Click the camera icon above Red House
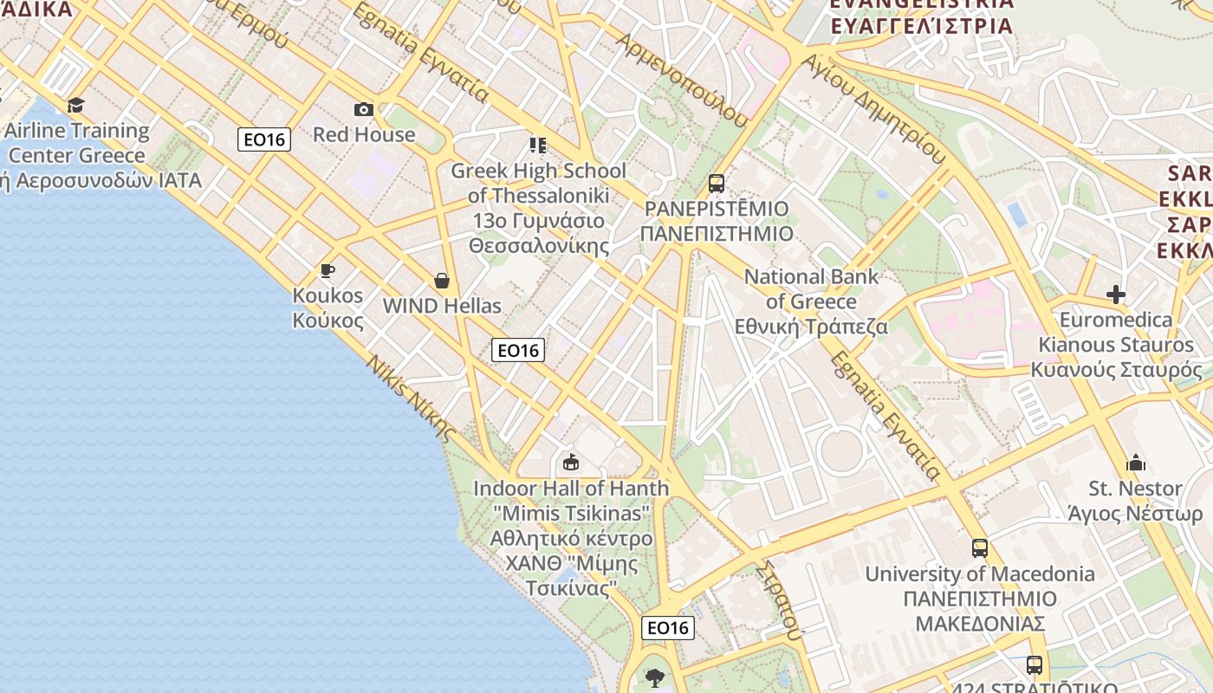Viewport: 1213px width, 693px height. (364, 109)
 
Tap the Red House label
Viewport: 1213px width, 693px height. (364, 135)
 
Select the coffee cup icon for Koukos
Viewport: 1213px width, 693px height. (328, 271)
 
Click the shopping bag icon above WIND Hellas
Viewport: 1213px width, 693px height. (442, 281)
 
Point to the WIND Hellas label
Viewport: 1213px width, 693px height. (442, 306)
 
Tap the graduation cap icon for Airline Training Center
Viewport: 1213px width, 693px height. (76, 106)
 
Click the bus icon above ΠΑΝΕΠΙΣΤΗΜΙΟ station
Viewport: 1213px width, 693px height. (716, 183)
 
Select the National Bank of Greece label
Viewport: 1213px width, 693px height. (812, 301)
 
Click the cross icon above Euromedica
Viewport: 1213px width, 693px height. (1116, 295)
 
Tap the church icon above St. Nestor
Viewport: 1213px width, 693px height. (1135, 463)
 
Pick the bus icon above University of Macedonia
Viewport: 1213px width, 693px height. (979, 548)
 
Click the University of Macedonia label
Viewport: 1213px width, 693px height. (980, 598)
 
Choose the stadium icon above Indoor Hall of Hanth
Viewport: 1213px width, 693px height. (570, 463)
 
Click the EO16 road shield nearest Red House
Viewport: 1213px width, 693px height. (264, 139)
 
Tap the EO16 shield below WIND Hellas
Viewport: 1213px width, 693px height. (518, 350)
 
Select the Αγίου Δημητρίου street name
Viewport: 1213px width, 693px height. (874, 108)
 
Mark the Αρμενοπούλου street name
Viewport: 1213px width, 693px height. (681, 81)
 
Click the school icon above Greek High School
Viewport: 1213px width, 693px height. (538, 145)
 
